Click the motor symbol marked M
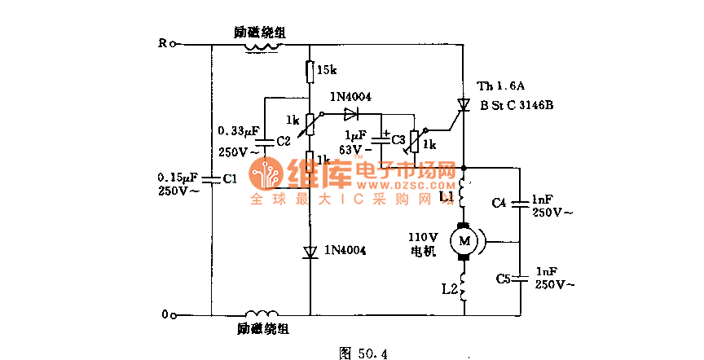tap(465, 240)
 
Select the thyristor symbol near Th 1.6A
tap(464, 104)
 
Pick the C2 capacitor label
tap(283, 141)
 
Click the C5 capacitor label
tap(503, 279)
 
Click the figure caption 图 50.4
tap(363, 353)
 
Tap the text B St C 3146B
tap(517, 105)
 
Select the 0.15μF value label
tap(177, 176)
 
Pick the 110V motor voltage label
tap(423, 237)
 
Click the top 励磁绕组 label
tap(260, 33)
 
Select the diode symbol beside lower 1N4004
tap(310, 252)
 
